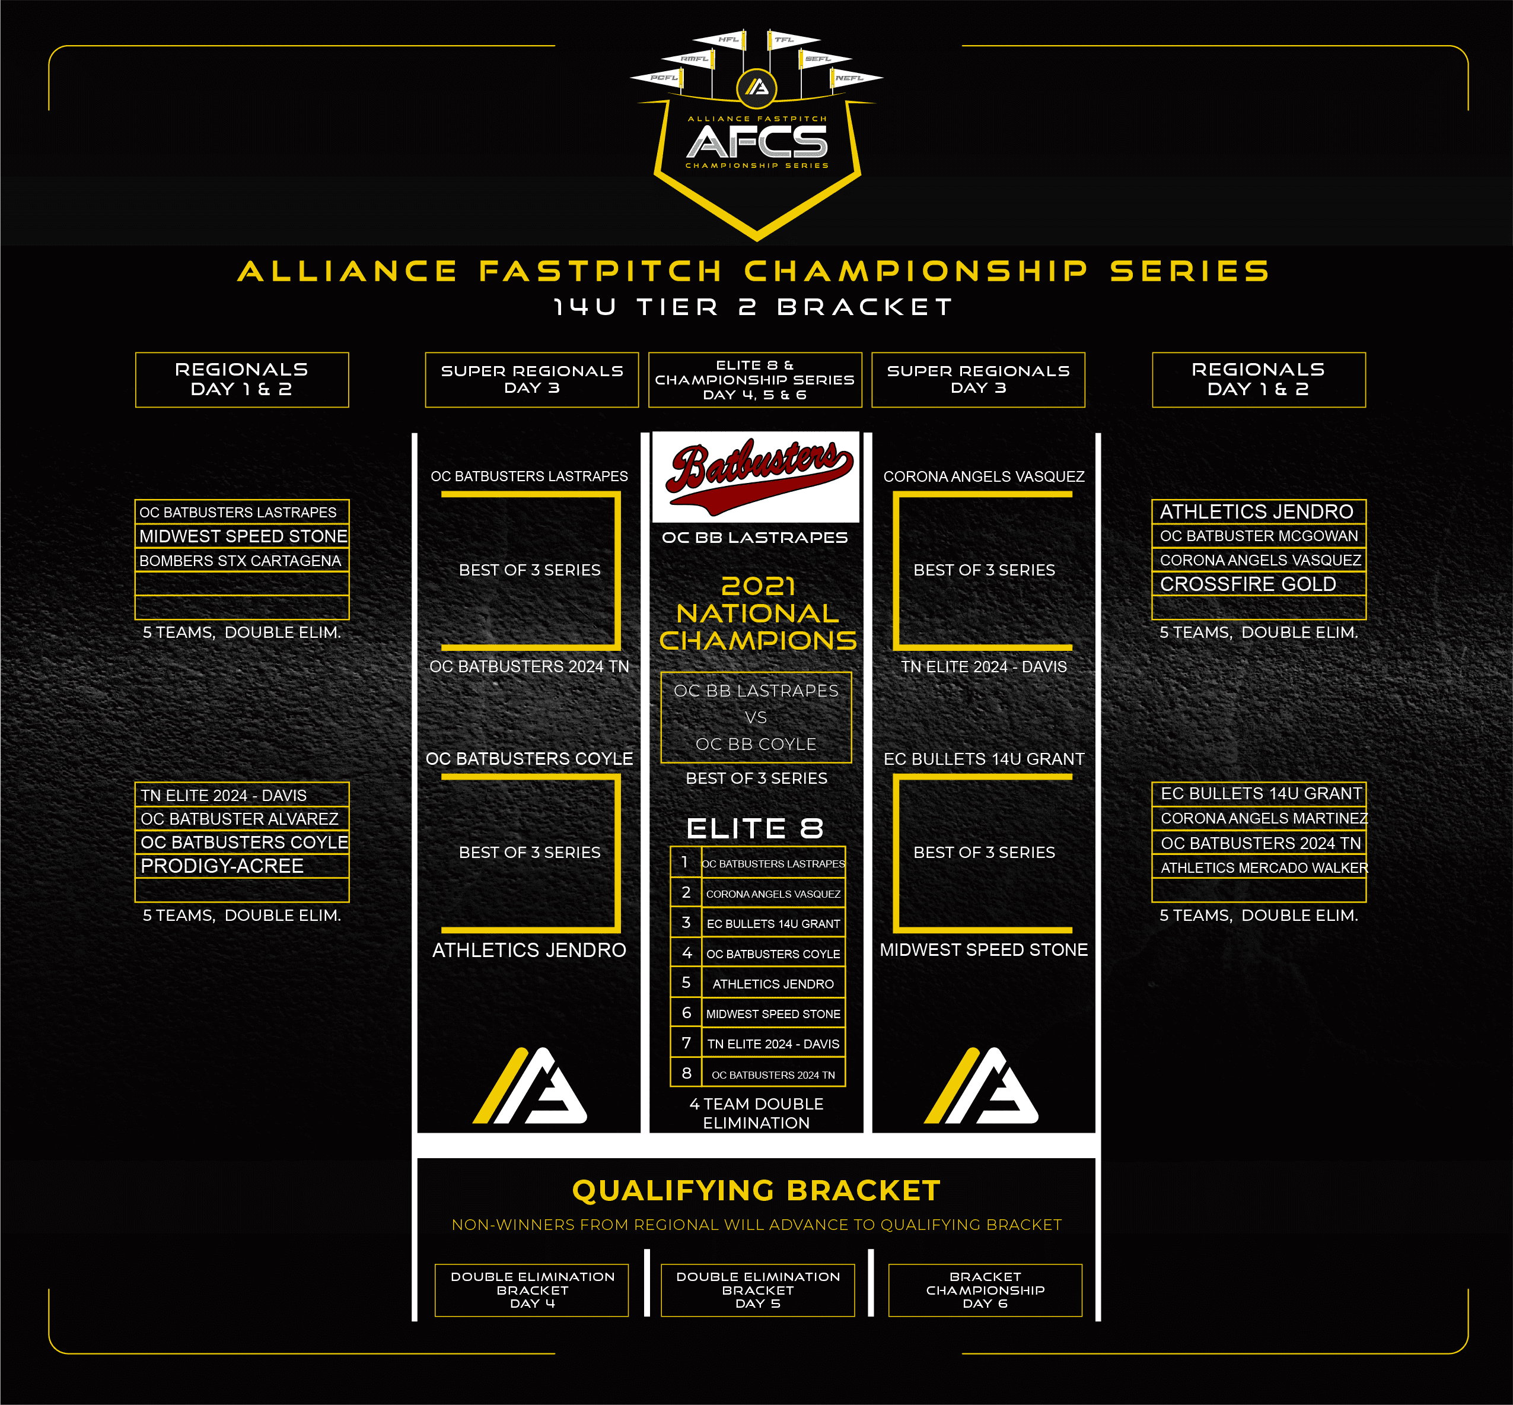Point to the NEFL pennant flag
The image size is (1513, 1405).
coord(856,78)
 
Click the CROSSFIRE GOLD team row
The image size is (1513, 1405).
coord(1259,584)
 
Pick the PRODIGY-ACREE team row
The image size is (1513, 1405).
coord(241,866)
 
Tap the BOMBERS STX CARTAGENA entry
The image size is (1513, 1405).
coord(241,560)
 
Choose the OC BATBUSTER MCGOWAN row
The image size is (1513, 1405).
coord(1259,536)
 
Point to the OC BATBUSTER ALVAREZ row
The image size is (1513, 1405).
coord(241,819)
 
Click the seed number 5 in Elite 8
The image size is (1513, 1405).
coord(686,983)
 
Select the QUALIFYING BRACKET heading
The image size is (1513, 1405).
coord(757,1191)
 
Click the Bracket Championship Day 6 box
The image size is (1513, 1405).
coord(985,1290)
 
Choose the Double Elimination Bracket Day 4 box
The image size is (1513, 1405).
coord(532,1290)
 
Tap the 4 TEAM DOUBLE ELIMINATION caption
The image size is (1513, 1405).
coord(757,1113)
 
